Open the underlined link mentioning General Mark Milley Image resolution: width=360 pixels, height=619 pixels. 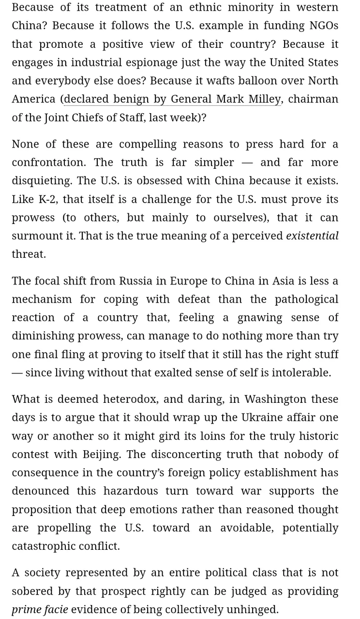pyautogui.click(x=172, y=99)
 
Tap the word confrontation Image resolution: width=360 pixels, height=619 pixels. pyautogui.click(x=48, y=162)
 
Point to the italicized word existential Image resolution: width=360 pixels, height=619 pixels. pyautogui.click(x=312, y=236)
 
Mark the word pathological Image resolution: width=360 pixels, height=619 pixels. pyautogui.click(x=306, y=299)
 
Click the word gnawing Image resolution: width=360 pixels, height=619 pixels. pyautogui.click(x=260, y=318)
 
